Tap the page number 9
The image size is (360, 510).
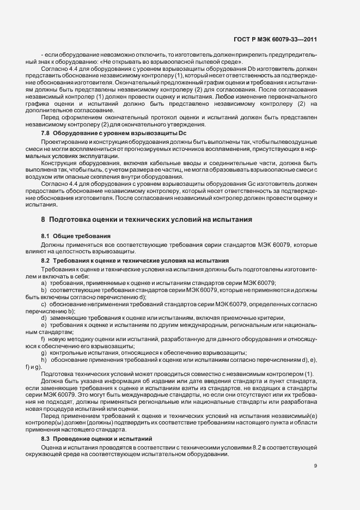pyautogui.click(x=316, y=465)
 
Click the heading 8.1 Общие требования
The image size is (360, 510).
pyautogui.click(x=76, y=235)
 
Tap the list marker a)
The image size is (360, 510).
pyautogui.click(x=44, y=282)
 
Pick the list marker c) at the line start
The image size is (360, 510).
pyautogui.click(x=44, y=303)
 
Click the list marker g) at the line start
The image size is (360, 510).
pyautogui.click(x=44, y=353)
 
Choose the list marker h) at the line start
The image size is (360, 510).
pyautogui.click(x=44, y=360)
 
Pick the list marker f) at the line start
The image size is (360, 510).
pyautogui.click(x=43, y=339)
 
